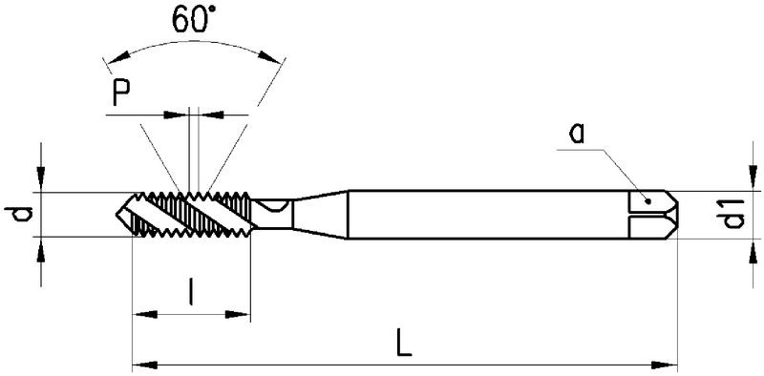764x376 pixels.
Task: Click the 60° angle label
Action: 195,21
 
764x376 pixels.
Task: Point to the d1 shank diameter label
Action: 733,215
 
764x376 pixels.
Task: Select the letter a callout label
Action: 576,134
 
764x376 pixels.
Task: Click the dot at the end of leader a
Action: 647,201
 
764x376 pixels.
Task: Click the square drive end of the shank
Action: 655,213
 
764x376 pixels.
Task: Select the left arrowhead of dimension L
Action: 139,364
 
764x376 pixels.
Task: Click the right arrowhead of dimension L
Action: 668,364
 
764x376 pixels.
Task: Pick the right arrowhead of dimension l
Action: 240,312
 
